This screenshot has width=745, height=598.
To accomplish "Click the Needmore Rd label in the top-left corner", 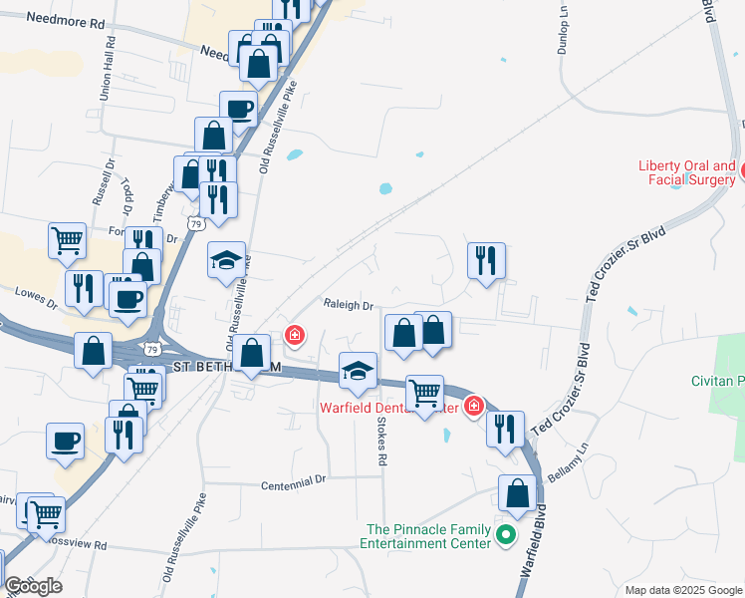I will click(66, 19).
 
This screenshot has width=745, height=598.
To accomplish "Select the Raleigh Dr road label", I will click(347, 306).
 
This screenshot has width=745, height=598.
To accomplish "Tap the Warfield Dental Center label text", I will click(388, 408).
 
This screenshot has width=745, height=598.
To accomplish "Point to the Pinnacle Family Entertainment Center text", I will click(429, 536).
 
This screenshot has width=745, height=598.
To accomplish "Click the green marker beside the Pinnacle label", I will click(506, 536).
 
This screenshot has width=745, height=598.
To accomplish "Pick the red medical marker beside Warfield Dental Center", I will click(473, 406).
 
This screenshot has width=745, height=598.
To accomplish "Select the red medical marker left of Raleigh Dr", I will click(295, 335).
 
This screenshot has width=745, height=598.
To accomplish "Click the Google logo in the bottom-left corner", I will click(33, 586).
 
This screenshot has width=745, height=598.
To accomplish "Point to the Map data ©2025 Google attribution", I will click(682, 590).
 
